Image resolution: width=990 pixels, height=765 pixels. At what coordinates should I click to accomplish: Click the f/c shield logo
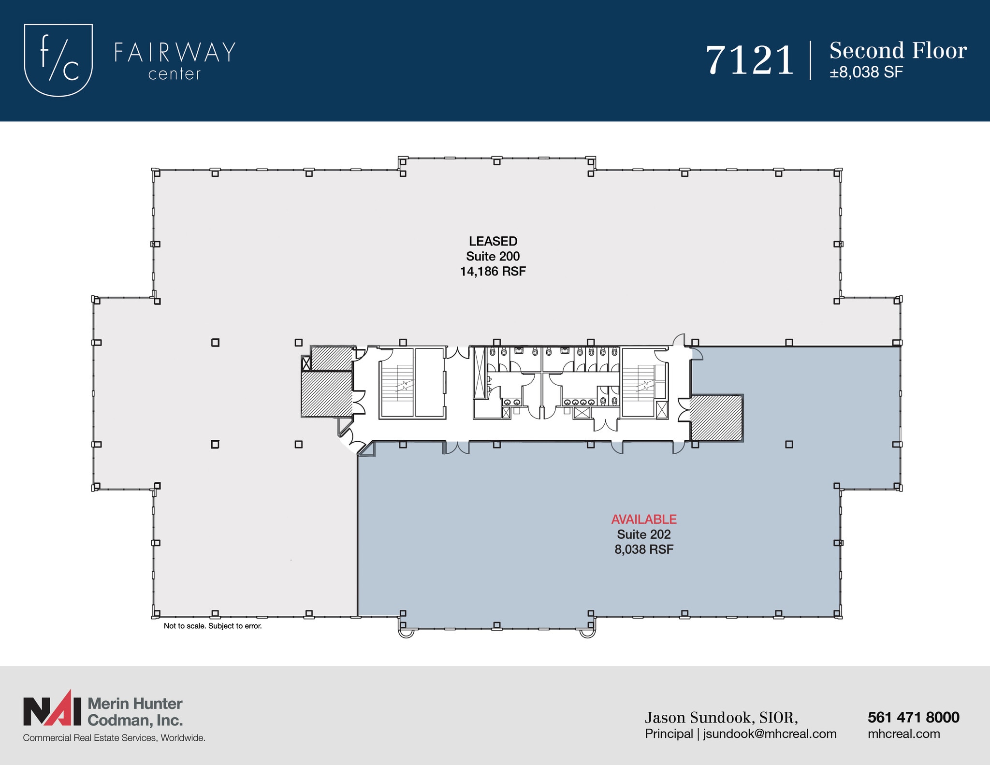coord(58,60)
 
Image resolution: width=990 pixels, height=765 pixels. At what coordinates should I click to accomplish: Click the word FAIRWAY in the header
coord(175,53)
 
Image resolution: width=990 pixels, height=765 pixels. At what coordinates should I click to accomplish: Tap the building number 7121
coord(750,61)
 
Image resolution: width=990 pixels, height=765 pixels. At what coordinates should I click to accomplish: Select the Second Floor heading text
coord(898,51)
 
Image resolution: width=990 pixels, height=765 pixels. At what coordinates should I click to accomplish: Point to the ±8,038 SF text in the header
coord(866,72)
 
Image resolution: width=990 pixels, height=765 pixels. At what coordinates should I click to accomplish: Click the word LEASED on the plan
coord(493,241)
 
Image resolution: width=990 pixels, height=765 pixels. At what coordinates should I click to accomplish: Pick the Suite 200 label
coord(493,256)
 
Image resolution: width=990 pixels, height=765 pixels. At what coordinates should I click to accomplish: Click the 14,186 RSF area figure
coord(493,272)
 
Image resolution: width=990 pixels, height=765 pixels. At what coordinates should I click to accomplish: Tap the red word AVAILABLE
coord(644,520)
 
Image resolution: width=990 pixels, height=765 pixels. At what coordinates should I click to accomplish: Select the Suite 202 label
coord(644,534)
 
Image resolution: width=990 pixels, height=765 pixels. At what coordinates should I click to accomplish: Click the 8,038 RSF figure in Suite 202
coord(644,549)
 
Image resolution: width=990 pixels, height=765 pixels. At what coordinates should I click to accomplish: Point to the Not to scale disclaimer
coord(213,626)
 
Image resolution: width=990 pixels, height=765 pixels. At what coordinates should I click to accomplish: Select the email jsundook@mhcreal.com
coord(770,734)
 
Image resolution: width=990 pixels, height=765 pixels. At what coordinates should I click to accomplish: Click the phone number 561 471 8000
coord(913,718)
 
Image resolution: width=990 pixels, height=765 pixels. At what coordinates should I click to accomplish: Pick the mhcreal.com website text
coord(903,734)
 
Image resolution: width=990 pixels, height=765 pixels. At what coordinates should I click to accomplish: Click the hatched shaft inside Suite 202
coord(716,418)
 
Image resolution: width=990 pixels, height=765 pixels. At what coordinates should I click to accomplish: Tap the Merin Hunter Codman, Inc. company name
coord(135,712)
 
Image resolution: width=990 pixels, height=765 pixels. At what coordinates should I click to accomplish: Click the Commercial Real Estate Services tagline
coord(114,738)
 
